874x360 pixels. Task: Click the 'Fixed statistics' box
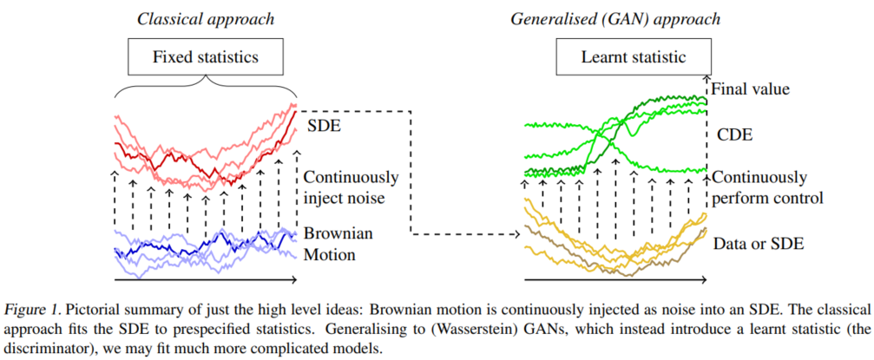point(205,58)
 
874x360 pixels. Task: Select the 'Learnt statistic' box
point(633,58)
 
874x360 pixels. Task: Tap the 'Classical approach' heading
point(205,18)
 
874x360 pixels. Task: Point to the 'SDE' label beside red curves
point(322,128)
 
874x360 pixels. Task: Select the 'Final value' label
point(751,88)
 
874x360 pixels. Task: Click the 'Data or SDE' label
point(759,244)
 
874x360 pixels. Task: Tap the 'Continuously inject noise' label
point(352,187)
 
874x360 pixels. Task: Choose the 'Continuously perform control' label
point(765,187)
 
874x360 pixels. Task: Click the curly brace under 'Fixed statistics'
point(205,85)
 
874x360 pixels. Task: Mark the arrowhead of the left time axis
point(295,279)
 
